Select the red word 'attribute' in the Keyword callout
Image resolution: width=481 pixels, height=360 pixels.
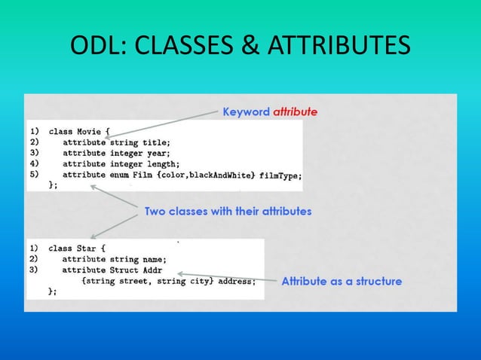click(295, 111)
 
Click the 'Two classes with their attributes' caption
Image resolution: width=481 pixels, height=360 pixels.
click(228, 212)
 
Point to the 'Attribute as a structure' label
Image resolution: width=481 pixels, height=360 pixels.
click(342, 282)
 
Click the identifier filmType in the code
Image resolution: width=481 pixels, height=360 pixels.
click(280, 175)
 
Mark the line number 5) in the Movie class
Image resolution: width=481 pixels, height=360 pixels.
click(33, 175)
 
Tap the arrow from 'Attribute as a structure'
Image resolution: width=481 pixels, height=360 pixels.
click(226, 276)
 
